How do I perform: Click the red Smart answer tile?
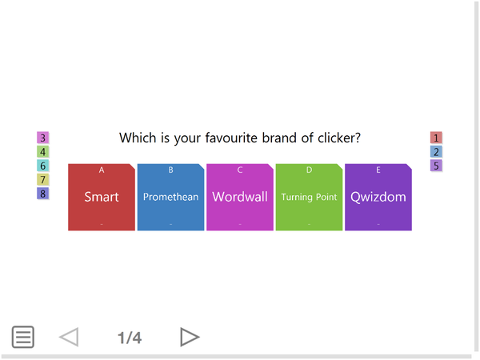(x=102, y=198)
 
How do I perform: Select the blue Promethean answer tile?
(x=170, y=198)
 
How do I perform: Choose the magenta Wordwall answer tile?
(x=240, y=198)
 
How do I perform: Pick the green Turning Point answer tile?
(x=309, y=198)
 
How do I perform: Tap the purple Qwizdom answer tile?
(x=378, y=198)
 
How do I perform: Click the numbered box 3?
(x=43, y=138)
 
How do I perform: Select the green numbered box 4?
(x=43, y=151)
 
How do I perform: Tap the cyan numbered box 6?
(x=43, y=166)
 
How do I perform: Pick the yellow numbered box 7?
(x=43, y=179)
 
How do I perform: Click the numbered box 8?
(x=43, y=194)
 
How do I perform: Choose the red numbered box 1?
(x=436, y=138)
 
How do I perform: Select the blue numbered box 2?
(x=436, y=151)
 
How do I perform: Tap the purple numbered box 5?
(x=436, y=166)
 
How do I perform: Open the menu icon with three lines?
(x=23, y=337)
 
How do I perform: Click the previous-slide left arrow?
(x=69, y=337)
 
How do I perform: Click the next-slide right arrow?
(x=190, y=337)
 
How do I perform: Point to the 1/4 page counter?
(x=130, y=338)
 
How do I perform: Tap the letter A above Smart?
(x=102, y=170)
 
